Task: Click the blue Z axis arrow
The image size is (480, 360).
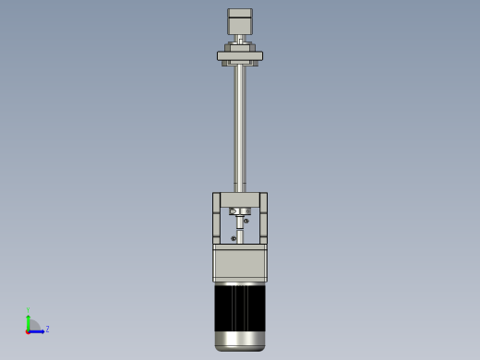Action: [38, 330]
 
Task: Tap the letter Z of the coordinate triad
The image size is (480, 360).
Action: [47, 329]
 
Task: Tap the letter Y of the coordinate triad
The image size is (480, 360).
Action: [29, 310]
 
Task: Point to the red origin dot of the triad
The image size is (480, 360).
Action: [29, 330]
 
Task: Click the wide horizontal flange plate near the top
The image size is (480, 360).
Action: [240, 55]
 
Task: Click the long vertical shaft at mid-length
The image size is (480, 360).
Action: [240, 125]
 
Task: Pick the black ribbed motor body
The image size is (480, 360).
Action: [240, 306]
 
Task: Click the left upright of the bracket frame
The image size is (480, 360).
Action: [217, 217]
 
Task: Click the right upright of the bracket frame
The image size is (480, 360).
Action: [263, 217]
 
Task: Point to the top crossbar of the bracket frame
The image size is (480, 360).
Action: [240, 199]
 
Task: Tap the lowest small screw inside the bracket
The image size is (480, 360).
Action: [234, 239]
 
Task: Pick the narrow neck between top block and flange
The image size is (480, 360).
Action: [240, 39]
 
